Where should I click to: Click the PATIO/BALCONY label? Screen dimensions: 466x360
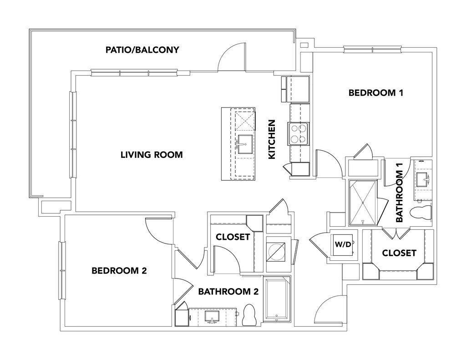pyautogui.click(x=142, y=50)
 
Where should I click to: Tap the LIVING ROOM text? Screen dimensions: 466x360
pyautogui.click(x=152, y=155)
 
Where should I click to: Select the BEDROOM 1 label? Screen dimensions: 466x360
pyautogui.click(x=376, y=93)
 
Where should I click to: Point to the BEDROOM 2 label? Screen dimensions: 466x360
pyautogui.click(x=119, y=271)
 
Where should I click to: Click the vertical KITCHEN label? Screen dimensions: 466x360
pyautogui.click(x=272, y=139)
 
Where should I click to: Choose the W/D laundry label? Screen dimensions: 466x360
pyautogui.click(x=343, y=244)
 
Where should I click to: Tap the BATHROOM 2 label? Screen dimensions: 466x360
pyautogui.click(x=228, y=292)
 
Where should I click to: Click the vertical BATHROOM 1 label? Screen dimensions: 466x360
pyautogui.click(x=400, y=193)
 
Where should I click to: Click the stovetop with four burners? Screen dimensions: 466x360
pyautogui.click(x=298, y=134)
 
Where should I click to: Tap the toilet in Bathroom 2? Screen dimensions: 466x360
pyautogui.click(x=249, y=314)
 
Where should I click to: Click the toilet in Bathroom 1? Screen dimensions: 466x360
pyautogui.click(x=421, y=213)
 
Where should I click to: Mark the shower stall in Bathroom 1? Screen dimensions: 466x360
pyautogui.click(x=363, y=202)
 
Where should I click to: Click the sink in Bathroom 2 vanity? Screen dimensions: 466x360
pyautogui.click(x=212, y=316)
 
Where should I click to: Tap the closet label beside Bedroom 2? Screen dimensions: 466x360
pyautogui.click(x=233, y=237)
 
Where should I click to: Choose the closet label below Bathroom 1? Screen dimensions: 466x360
pyautogui.click(x=399, y=253)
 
